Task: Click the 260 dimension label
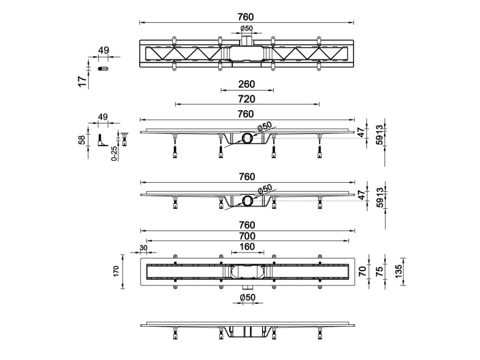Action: pos(247,84)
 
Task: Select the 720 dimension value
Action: pos(247,99)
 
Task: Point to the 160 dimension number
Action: pos(247,247)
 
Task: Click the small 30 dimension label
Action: pos(143,247)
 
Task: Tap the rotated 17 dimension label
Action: pos(83,82)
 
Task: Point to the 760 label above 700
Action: pos(247,225)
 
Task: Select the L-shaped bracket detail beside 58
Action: pos(101,140)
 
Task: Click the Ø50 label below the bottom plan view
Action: pos(247,297)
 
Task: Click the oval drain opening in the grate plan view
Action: pos(247,271)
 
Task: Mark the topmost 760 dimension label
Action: pos(247,17)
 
